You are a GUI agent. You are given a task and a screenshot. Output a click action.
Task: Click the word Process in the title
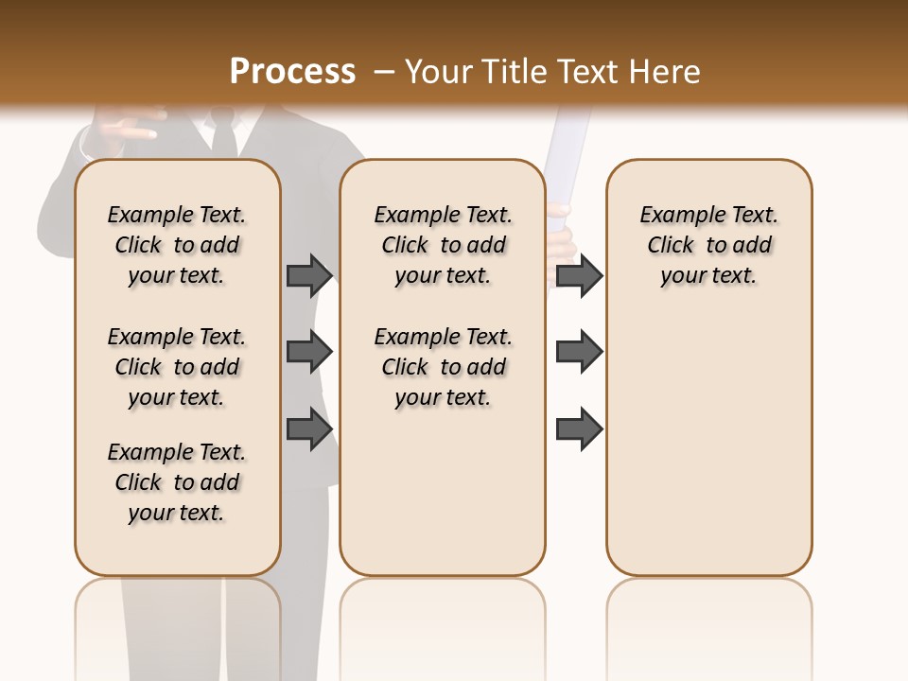[x=292, y=72]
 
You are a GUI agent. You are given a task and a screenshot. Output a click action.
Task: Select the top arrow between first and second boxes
[x=309, y=275]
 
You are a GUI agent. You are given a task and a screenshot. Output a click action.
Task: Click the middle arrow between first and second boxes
[x=309, y=352]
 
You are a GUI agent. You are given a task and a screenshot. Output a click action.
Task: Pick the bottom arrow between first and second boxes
[x=309, y=428]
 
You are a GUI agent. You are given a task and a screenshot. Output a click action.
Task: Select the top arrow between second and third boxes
[x=579, y=275]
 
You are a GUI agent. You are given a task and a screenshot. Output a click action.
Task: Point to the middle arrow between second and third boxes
[x=579, y=352]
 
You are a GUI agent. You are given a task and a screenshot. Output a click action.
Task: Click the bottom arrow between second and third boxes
[x=579, y=428]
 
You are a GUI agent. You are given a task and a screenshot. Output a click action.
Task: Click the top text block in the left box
[x=177, y=245]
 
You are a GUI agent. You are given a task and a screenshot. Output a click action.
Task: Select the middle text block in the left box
[x=177, y=367]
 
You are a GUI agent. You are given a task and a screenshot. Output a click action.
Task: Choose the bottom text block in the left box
[x=177, y=482]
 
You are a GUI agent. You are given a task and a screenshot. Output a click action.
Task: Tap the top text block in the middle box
[x=443, y=245]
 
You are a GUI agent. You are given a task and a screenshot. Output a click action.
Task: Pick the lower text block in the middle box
[x=443, y=367]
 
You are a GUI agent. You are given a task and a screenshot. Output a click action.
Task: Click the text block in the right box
[x=708, y=245]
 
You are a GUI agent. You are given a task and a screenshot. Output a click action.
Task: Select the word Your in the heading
[x=439, y=72]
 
